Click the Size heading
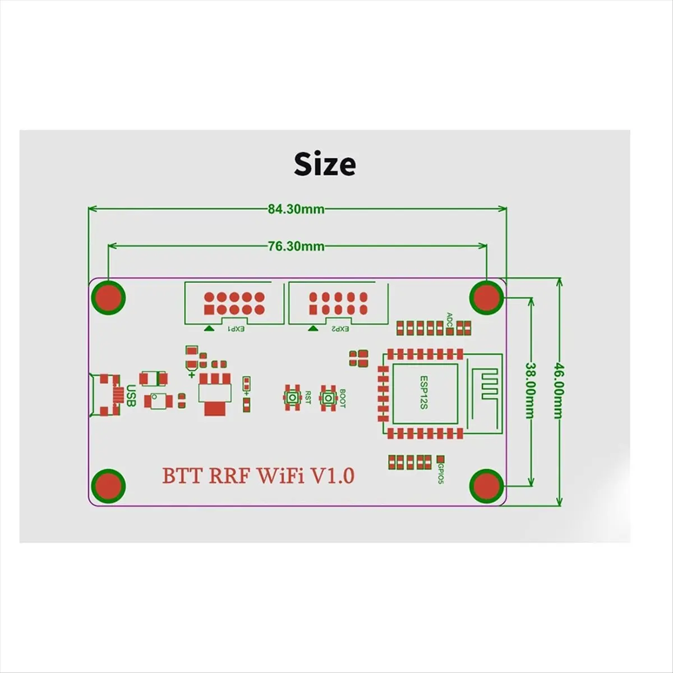[325, 164]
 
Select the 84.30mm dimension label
[296, 209]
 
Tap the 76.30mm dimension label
[296, 246]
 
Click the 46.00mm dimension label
[558, 391]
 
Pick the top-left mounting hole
[108, 297]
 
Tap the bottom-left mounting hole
[108, 485]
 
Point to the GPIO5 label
[441, 472]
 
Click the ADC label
[449, 319]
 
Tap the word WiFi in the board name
[280, 476]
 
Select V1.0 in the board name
[333, 476]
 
